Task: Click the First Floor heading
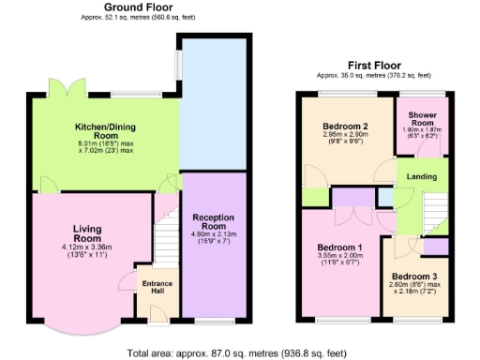point(373,65)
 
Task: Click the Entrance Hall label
point(154,287)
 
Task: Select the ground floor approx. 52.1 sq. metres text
point(139,20)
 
